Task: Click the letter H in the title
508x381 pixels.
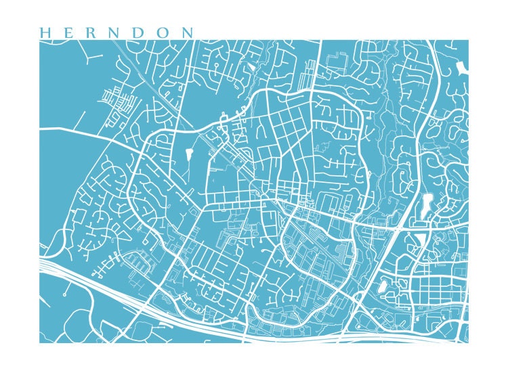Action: (x=45, y=32)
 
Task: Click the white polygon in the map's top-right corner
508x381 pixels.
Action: (x=462, y=67)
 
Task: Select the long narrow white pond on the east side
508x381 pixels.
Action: (x=426, y=205)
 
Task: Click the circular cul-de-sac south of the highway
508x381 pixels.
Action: (x=64, y=295)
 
